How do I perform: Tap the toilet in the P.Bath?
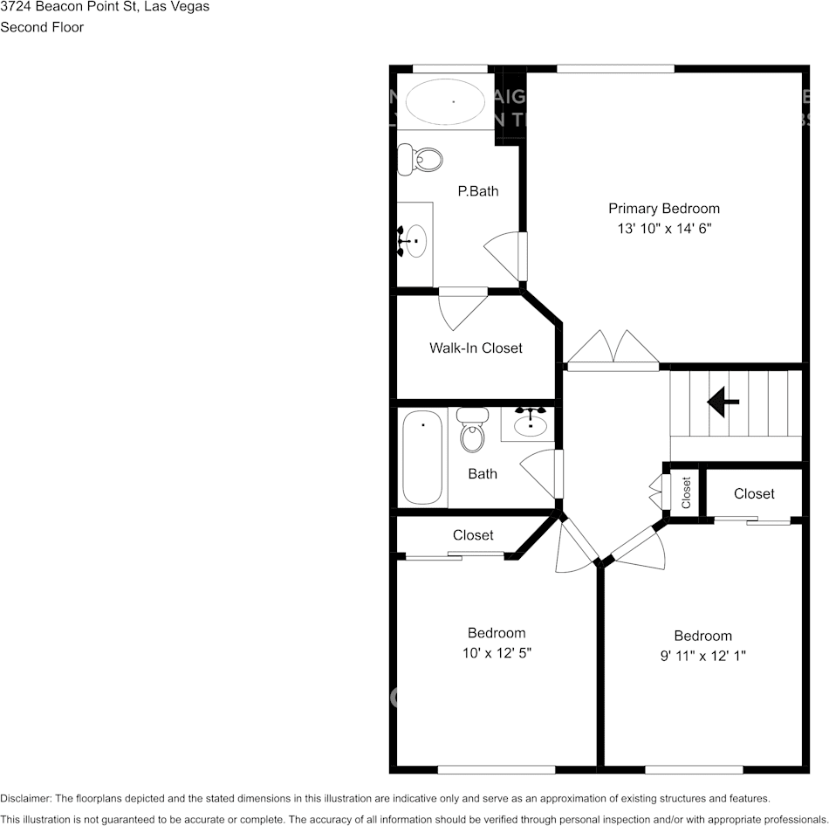click(421, 160)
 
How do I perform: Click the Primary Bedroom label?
click(663, 208)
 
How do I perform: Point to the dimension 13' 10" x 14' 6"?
click(663, 228)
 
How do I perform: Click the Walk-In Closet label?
click(476, 348)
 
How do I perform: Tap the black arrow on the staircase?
click(723, 402)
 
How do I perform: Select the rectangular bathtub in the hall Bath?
click(423, 458)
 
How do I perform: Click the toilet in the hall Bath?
click(472, 430)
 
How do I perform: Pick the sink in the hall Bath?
click(530, 423)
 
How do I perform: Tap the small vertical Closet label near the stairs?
click(686, 492)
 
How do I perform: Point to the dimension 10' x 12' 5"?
click(496, 652)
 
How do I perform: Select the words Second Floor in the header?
click(42, 27)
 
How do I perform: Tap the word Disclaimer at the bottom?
click(26, 798)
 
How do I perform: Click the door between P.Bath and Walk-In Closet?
click(462, 306)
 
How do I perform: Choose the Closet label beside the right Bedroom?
click(754, 493)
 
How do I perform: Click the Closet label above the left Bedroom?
click(473, 534)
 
